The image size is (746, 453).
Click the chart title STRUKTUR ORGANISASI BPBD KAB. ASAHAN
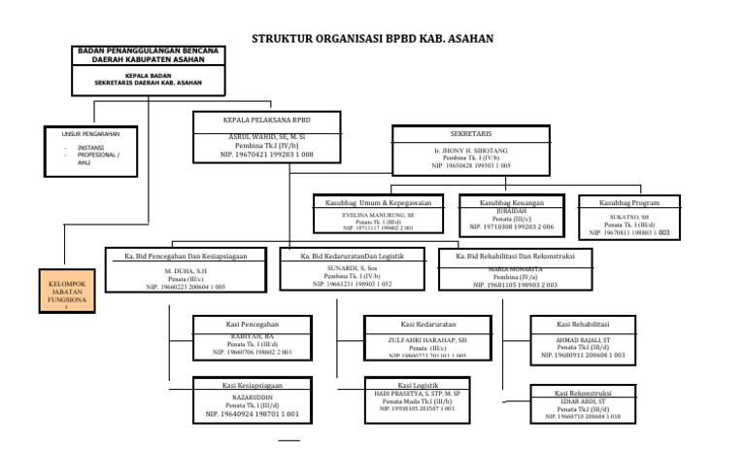pos(373,39)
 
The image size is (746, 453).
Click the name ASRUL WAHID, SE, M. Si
pos(266,137)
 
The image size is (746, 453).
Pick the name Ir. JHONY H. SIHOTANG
pos(471,153)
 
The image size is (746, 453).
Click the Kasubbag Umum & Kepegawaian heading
pos(377,202)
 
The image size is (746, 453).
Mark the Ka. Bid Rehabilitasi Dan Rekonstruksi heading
pos(515,256)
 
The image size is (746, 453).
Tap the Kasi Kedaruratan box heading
pos(427,322)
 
